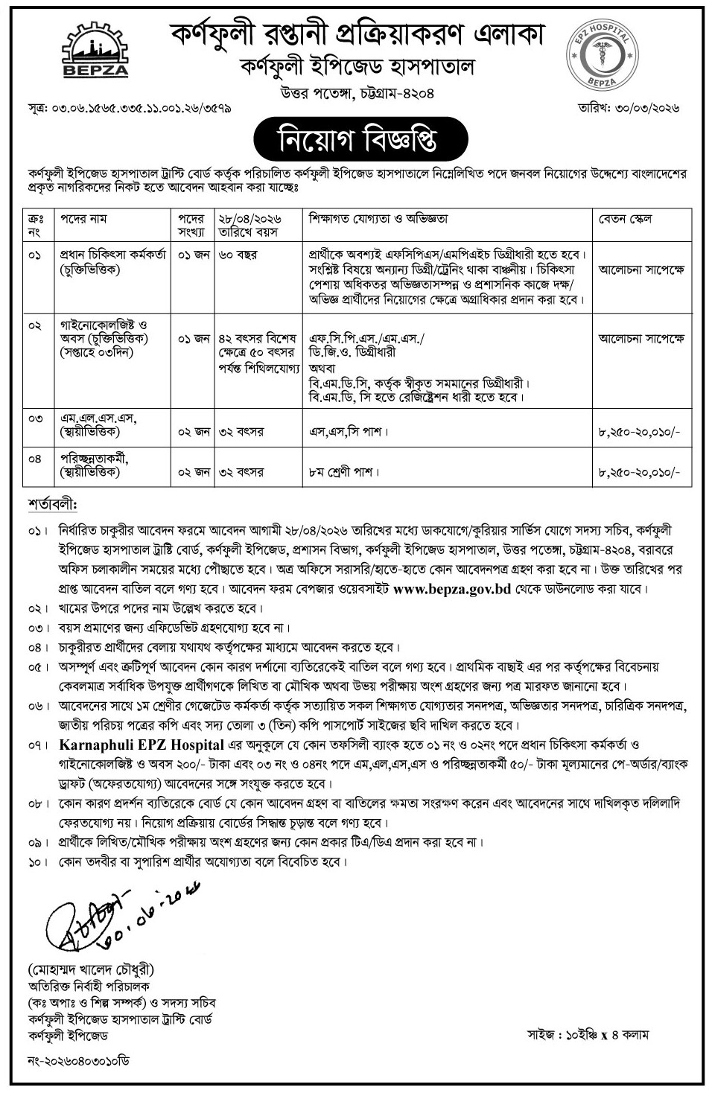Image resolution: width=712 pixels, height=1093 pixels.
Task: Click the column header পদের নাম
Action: point(83,219)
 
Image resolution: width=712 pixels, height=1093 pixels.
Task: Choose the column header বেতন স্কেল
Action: point(625,219)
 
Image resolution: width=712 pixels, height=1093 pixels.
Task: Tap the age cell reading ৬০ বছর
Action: point(238,255)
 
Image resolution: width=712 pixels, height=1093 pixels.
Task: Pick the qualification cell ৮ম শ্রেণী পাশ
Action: point(345,472)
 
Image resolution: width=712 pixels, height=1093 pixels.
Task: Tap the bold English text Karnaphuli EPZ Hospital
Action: point(142,745)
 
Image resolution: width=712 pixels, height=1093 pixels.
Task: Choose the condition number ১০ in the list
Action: point(36,862)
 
